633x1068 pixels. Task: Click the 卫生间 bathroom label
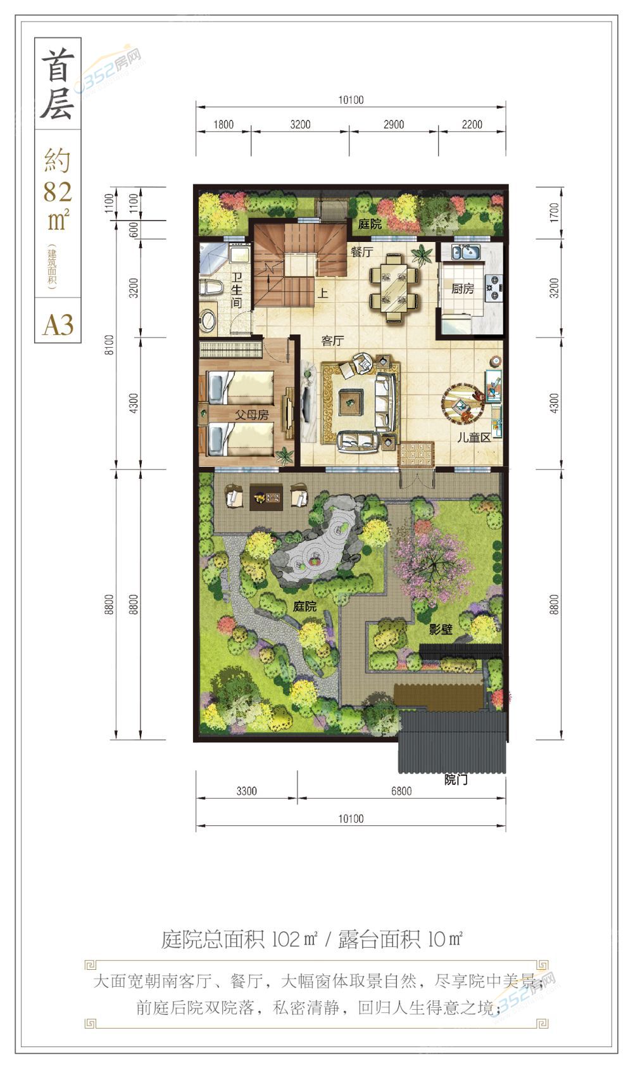[x=236, y=290]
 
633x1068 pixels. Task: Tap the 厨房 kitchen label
[x=463, y=288]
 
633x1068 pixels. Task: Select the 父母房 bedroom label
[x=251, y=414]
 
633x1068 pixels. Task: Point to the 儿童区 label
[x=473, y=437]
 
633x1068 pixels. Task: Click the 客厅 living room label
[x=332, y=340]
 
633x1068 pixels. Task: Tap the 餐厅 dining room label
[x=361, y=251]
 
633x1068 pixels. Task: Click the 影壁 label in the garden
[x=441, y=630]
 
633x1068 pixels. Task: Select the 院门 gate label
[x=456, y=780]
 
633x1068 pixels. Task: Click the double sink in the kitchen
[x=465, y=251]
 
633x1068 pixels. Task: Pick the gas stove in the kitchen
[x=494, y=288]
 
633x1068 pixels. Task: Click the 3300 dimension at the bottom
[x=247, y=791]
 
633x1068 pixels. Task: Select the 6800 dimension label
[x=401, y=791]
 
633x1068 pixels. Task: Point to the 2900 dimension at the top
[x=394, y=124]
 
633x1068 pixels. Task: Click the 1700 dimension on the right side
[x=553, y=212]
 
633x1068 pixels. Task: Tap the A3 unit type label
[x=58, y=325]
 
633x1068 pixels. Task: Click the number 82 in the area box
[x=58, y=192]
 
